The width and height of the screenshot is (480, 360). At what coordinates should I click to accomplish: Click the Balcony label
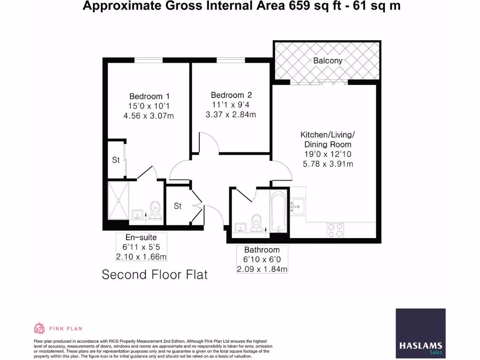(x=328, y=60)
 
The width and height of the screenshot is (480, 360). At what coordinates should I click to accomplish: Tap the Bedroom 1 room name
(x=146, y=97)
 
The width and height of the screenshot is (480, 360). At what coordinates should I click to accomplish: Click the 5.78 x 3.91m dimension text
(x=328, y=164)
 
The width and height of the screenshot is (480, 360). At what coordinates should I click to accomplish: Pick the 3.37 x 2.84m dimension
(x=231, y=114)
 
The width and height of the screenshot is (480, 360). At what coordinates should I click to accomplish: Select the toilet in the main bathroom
(x=256, y=223)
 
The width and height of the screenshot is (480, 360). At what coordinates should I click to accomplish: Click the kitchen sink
(x=297, y=205)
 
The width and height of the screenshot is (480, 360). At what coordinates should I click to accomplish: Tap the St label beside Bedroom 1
(x=116, y=160)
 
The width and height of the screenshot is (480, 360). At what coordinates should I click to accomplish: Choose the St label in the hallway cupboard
(x=178, y=205)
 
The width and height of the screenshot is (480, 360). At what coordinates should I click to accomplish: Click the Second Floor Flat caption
(x=155, y=274)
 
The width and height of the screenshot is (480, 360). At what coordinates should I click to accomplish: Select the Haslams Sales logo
(x=420, y=332)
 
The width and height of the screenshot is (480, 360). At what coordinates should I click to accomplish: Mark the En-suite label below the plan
(x=141, y=237)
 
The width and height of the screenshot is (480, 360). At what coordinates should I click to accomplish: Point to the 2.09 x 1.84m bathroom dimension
(x=262, y=269)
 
